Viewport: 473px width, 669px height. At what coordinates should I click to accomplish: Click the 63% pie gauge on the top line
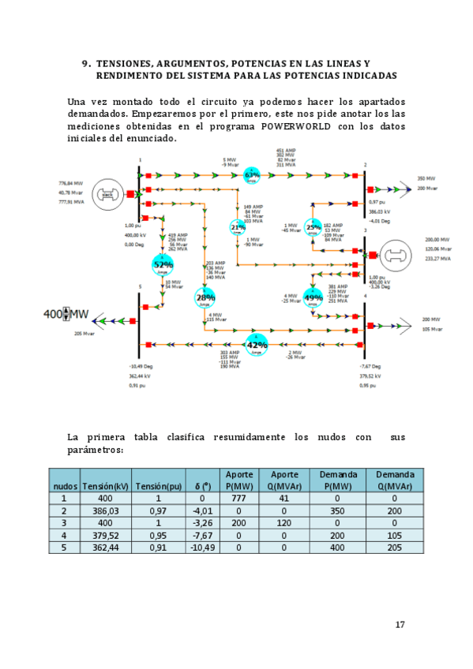click(x=252, y=176)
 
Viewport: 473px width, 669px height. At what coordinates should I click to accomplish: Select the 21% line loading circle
click(x=238, y=227)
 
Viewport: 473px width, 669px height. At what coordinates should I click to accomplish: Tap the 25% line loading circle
click(x=313, y=227)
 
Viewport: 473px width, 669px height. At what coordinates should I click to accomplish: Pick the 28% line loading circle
click(x=205, y=297)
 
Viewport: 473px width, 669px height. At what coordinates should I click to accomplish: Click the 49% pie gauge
click(x=313, y=297)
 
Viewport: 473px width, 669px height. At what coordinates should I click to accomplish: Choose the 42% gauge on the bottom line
click(x=257, y=345)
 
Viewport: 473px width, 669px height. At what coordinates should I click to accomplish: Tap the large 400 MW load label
click(x=67, y=315)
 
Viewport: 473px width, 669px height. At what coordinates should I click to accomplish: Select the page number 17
click(x=400, y=625)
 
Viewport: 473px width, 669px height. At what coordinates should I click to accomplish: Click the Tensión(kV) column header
click(x=105, y=486)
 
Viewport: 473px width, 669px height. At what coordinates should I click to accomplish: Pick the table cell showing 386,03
click(x=105, y=511)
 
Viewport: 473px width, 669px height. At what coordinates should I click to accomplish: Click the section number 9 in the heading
click(x=84, y=63)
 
